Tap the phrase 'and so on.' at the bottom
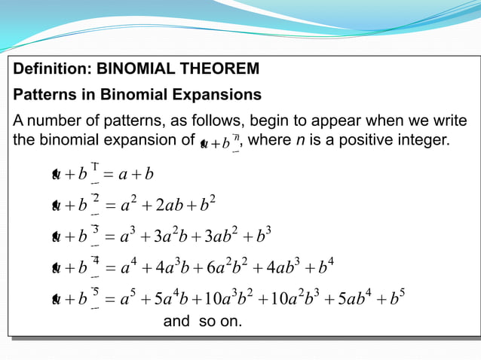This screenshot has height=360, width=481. pyautogui.click(x=202, y=322)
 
